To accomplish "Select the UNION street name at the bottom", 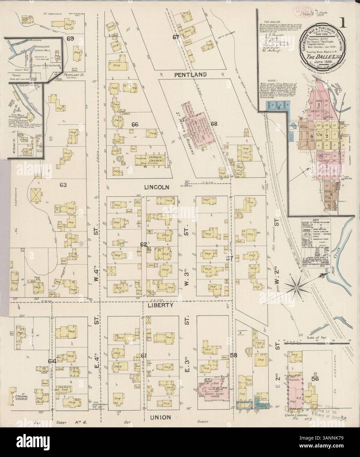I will pos(161,417).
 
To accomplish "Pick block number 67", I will pos(176,37).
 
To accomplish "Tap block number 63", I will pos(63,185).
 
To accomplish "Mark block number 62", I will pos(144,245).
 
